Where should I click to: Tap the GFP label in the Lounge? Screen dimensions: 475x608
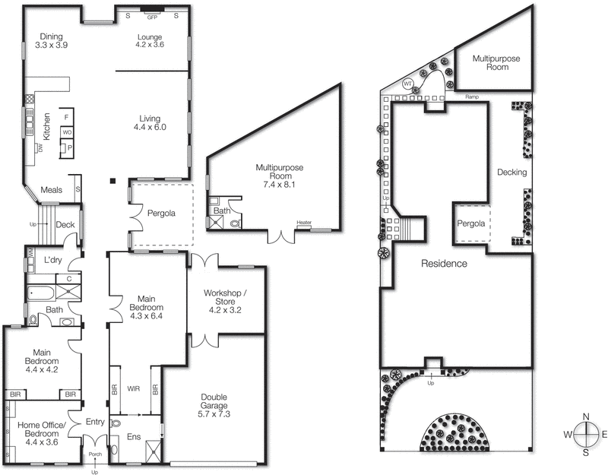point(151,16)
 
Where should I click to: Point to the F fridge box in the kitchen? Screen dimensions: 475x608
point(67,116)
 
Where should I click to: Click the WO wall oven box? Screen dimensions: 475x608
point(67,133)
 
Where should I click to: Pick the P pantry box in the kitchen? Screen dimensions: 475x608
point(69,148)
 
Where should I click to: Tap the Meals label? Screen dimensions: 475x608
point(52,190)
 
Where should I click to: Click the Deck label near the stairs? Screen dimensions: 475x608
point(65,224)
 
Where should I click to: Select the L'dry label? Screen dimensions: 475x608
point(52,261)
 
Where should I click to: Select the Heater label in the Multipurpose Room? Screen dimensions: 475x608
point(304,223)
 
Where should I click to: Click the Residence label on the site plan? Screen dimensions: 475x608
point(445,264)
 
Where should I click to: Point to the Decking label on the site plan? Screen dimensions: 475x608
point(511,173)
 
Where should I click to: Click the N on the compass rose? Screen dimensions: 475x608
point(587,416)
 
